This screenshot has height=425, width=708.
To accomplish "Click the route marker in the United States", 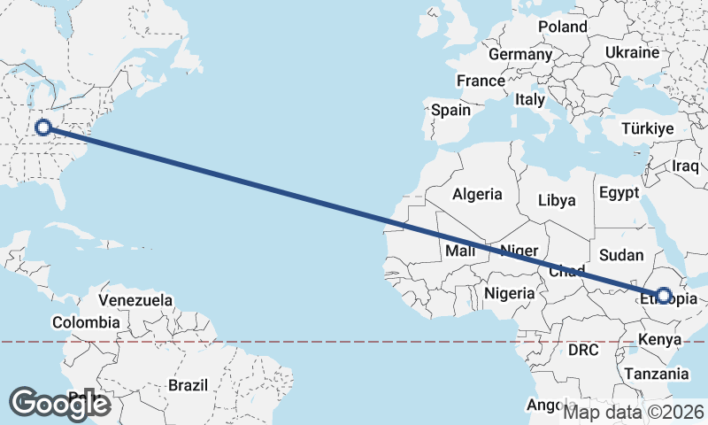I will [43, 127].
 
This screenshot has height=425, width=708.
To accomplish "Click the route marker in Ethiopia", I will [663, 295].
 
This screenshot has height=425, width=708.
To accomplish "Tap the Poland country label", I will [562, 27].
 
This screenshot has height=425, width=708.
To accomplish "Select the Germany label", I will [519, 55].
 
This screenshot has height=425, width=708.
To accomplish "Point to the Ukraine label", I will [632, 52].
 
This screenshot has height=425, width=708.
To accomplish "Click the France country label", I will [481, 81].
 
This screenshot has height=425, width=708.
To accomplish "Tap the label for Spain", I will [450, 111].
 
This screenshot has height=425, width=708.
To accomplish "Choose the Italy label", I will [530, 100].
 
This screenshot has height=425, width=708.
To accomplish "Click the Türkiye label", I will [648, 128].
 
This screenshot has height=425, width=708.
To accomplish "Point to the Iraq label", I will [686, 166].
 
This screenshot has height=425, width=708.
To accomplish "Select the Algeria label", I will [477, 194].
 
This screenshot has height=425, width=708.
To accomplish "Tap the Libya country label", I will [557, 201].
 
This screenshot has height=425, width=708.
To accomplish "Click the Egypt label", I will [619, 193].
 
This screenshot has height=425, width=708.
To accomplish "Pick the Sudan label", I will [621, 255].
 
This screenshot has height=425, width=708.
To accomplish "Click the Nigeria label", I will [509, 293].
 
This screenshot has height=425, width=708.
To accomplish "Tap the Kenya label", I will [659, 339].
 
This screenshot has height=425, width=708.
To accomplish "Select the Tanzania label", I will [654, 375].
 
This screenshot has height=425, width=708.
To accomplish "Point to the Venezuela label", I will [135, 300].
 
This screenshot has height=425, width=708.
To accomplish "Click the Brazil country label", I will [188, 385].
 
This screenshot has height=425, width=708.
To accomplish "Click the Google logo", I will [59, 403].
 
